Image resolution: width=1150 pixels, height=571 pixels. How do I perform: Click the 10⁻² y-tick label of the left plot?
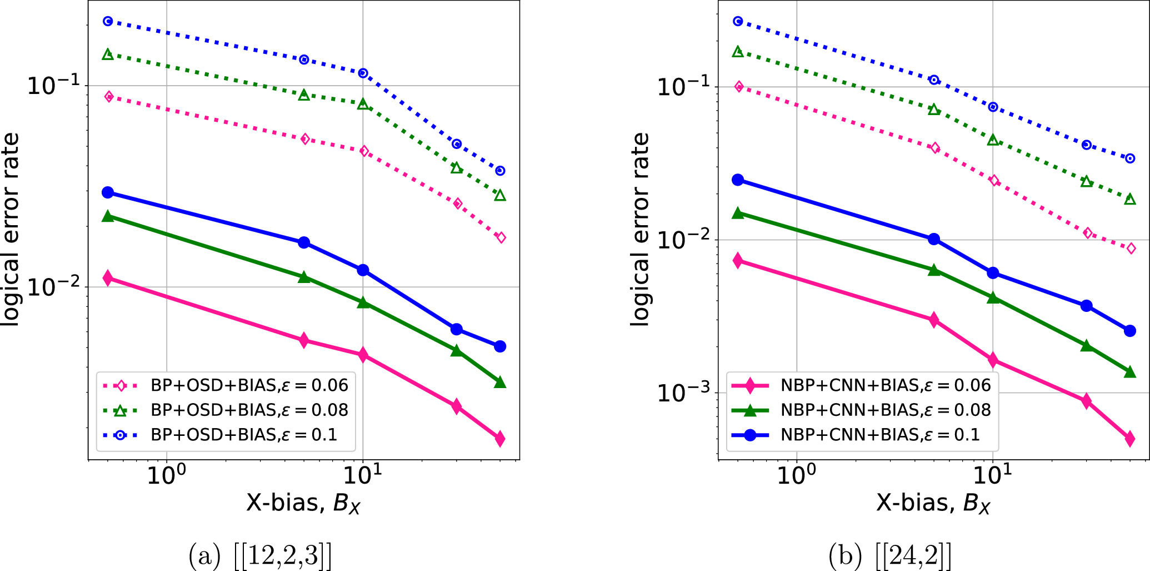53,287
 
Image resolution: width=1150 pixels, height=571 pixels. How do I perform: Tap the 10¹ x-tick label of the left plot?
362,475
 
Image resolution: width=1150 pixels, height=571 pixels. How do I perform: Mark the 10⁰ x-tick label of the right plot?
796,475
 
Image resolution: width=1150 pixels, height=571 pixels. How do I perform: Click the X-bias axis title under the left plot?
303,503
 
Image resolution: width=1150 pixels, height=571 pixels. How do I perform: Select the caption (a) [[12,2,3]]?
261,555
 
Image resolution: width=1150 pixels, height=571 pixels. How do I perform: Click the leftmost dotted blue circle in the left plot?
108,21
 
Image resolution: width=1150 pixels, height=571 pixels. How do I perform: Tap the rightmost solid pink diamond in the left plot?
500,439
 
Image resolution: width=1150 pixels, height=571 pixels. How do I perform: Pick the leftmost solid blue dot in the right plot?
738,180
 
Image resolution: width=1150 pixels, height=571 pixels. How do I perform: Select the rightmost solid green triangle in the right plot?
1129,372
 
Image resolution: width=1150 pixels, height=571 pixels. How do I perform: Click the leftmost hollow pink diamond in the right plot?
738,86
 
